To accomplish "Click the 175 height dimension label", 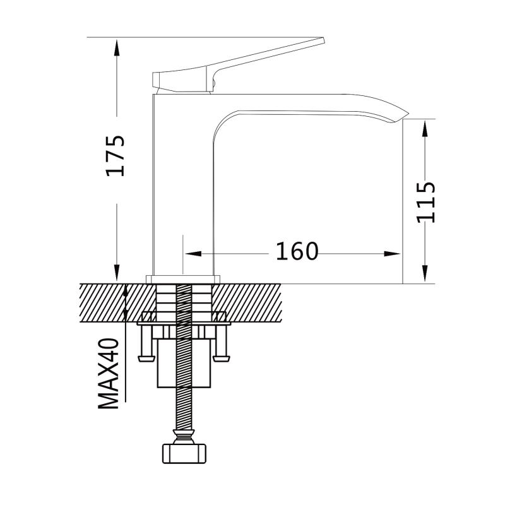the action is pos(116,156).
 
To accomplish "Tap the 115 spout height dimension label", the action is pos(425,203).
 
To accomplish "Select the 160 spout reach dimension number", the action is pos(297,251).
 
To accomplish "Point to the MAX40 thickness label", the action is pos(109,374).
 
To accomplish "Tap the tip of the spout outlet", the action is pos(408,114).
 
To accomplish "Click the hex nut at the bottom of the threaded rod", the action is pos(184,453).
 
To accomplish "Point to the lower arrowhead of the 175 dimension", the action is pos(117,274).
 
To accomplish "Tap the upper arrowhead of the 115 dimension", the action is pos(425,128).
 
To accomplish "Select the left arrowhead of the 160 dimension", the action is pos(193,254).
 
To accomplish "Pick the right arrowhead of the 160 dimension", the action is pos(392,254).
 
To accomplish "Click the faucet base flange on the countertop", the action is pos(183,280).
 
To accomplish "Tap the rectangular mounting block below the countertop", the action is pos(184,364).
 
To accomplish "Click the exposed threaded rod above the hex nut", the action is pos(184,408).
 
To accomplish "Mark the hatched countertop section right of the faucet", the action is pos(247,303).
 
